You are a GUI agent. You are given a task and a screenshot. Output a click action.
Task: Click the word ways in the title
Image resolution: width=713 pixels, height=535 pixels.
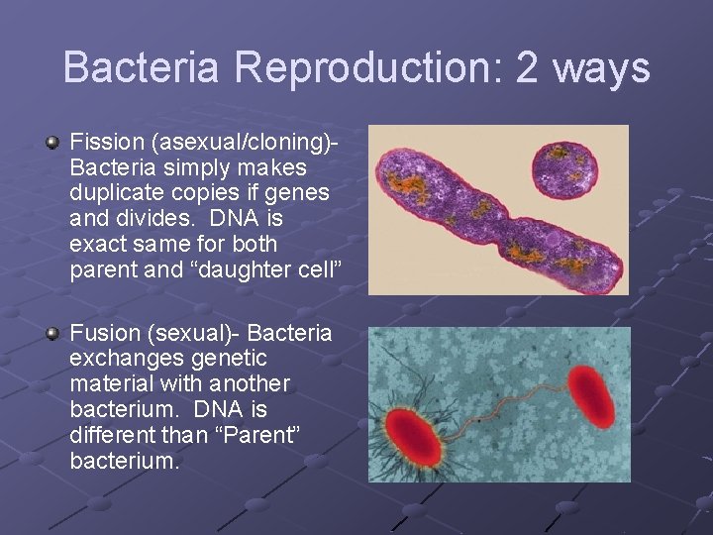(602, 68)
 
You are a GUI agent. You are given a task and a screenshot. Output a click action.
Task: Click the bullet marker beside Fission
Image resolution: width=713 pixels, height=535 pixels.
(53, 145)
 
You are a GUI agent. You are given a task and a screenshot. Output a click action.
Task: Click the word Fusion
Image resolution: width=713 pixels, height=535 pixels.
(104, 332)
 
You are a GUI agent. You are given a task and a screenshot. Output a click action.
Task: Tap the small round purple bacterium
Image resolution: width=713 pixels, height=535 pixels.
(565, 170)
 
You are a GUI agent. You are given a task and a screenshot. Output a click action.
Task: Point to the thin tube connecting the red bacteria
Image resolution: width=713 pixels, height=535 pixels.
(505, 408)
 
